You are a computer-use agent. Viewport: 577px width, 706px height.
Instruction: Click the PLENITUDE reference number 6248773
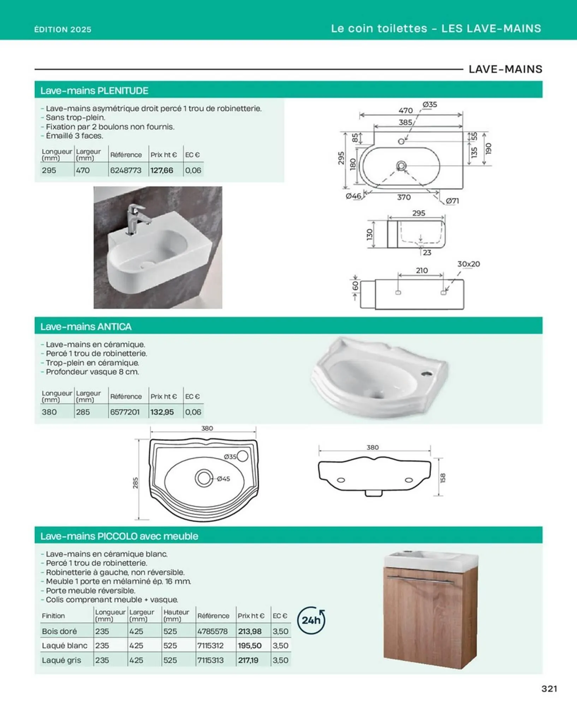(126, 170)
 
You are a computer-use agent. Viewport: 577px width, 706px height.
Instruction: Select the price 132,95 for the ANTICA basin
(162, 412)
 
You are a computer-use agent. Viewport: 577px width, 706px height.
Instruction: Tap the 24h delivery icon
(311, 620)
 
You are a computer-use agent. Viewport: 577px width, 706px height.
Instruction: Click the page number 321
(549, 689)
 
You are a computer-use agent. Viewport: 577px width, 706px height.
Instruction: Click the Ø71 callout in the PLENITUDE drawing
(452, 201)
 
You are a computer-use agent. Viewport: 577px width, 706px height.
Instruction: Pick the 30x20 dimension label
(469, 264)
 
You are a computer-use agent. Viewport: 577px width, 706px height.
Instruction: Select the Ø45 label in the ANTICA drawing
(224, 479)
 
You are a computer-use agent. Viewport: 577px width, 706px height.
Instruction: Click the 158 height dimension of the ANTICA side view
(443, 478)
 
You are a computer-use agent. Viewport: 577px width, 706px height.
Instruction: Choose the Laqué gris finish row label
(61, 660)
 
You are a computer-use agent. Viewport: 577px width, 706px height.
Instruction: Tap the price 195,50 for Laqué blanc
(250, 646)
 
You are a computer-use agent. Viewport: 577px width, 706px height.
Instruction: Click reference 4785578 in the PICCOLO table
(213, 631)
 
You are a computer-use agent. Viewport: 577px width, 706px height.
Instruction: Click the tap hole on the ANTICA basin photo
(426, 373)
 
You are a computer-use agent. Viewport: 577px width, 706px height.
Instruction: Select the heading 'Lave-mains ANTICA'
(86, 327)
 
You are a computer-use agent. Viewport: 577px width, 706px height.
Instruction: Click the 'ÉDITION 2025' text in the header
(63, 29)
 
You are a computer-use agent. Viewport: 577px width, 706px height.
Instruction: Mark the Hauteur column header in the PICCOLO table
(176, 615)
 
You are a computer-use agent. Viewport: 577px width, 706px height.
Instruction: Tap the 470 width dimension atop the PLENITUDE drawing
(406, 110)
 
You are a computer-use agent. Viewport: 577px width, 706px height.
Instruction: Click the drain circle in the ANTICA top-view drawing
(204, 478)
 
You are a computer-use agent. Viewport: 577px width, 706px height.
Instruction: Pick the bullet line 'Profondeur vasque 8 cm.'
(93, 372)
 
